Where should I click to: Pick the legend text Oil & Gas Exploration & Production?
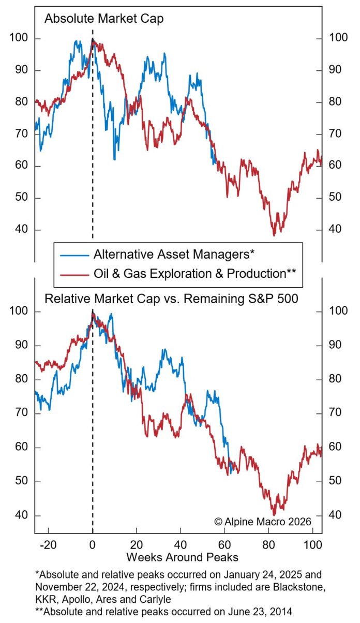click(194, 273)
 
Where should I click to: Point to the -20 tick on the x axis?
click(48, 545)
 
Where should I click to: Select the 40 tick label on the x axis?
click(181, 545)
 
